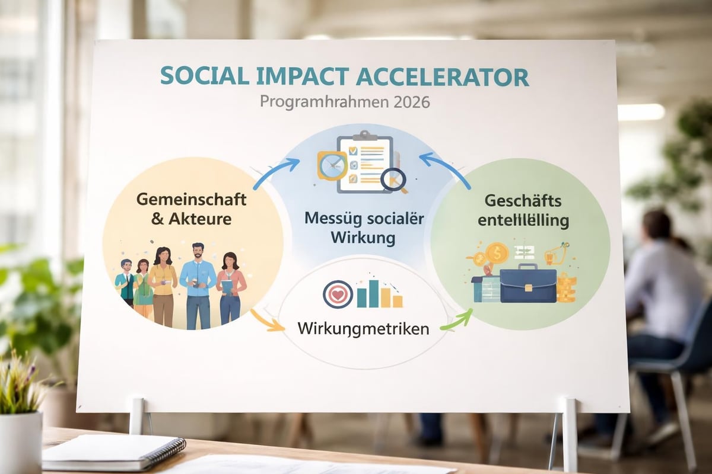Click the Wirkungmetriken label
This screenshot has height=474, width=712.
pyautogui.click(x=363, y=328)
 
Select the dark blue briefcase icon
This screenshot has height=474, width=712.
pyautogui.click(x=527, y=285)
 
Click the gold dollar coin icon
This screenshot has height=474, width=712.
pyautogui.click(x=497, y=253)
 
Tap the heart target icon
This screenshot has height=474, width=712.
pyautogui.click(x=338, y=294)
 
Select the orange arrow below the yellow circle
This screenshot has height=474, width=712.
pyautogui.click(x=265, y=321)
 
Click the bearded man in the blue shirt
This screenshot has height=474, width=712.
pyautogui.click(x=198, y=285)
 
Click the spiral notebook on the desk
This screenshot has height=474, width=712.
pyautogui.click(x=113, y=453)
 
